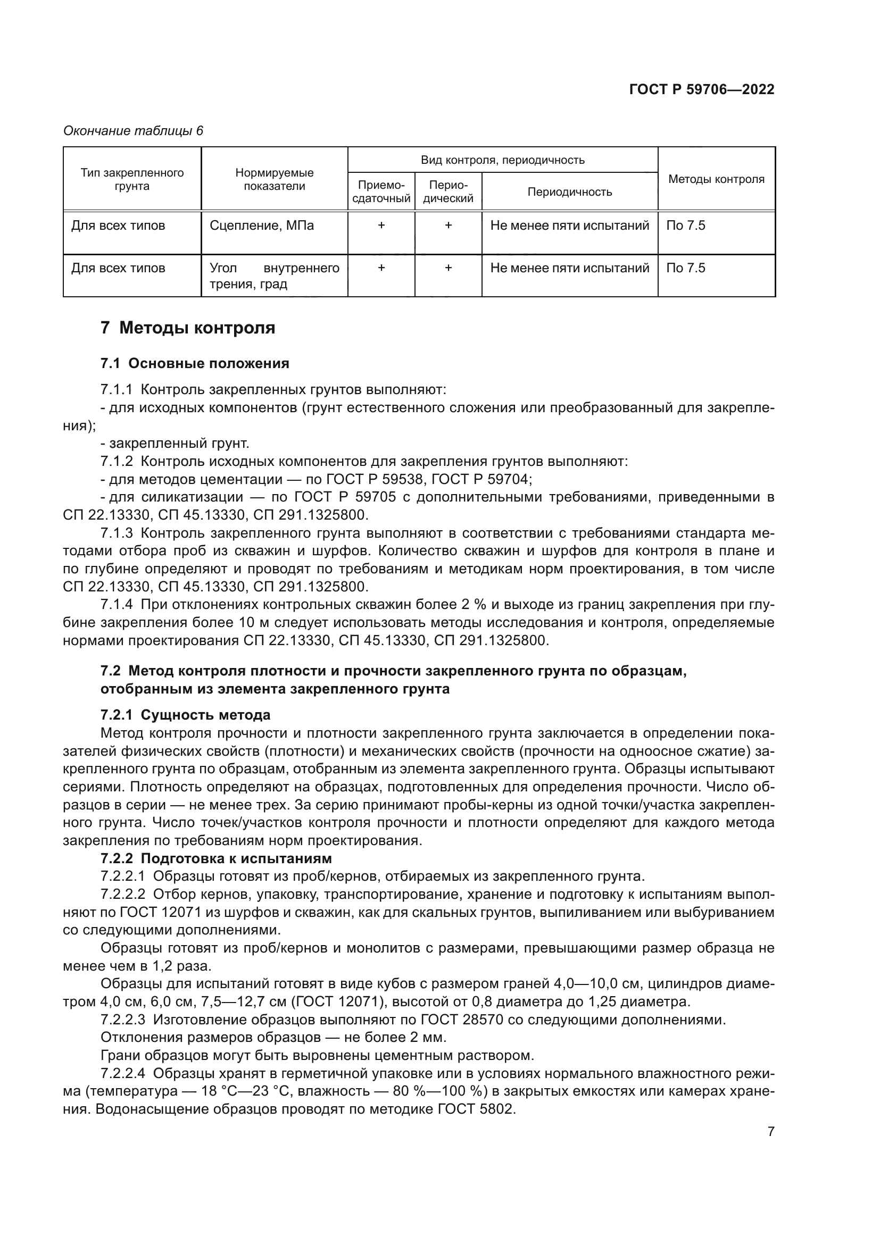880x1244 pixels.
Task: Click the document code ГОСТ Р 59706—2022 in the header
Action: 701,89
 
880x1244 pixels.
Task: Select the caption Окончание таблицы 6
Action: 134,131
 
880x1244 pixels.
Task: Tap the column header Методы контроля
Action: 716,179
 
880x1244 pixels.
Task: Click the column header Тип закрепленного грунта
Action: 132,179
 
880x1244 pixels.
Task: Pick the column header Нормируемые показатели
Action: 274,179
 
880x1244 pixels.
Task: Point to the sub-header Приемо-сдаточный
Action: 381,191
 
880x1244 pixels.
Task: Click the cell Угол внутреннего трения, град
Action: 274,276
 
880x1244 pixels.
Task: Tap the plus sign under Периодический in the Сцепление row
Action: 448,226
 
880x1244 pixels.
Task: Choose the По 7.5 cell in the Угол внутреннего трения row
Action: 685,268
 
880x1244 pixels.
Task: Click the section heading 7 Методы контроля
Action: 187,328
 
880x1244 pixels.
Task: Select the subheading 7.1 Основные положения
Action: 195,363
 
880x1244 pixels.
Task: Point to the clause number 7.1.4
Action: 116,605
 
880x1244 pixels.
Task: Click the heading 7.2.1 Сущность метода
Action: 185,715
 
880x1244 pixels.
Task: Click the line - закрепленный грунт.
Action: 175,444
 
